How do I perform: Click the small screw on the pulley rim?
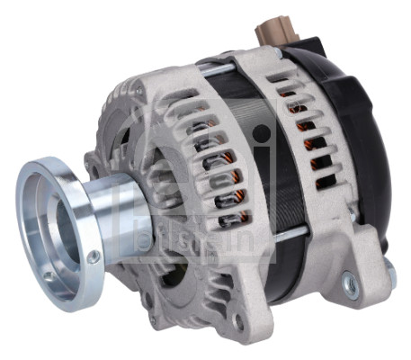[94, 257]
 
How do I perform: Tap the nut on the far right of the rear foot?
[389, 269]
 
